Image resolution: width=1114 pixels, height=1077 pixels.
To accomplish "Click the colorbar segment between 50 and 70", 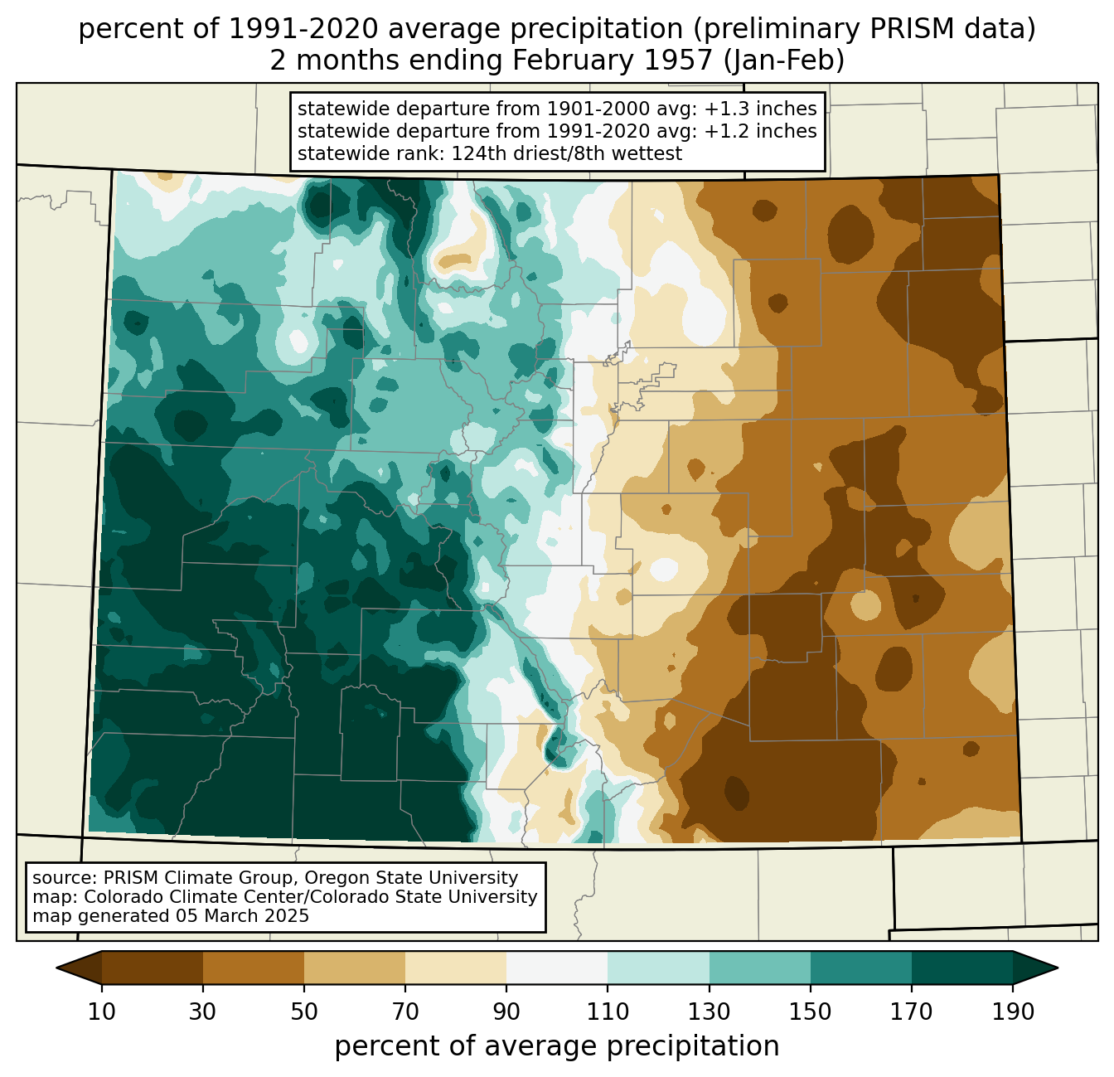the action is pos(355,968).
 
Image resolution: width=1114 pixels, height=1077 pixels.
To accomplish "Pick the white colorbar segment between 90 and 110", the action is pos(557,968).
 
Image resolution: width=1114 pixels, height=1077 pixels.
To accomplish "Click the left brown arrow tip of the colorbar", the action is pos(56,968).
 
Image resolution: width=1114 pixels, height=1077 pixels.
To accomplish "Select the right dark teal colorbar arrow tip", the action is pos(1058,968).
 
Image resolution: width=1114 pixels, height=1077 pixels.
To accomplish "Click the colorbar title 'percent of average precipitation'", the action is pos(556,1046).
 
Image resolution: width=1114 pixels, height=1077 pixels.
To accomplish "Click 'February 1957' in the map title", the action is pos(613,61).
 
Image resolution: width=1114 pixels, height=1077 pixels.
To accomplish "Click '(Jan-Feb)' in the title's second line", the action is pos(783,61).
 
